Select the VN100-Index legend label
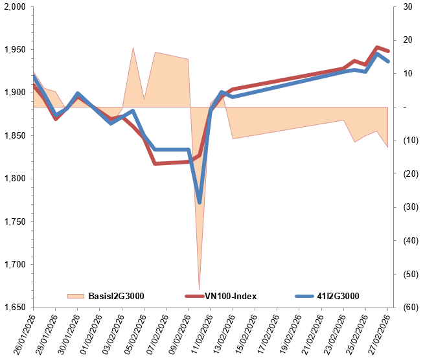coord(231,297)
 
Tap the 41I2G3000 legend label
coord(337,297)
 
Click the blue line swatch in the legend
coord(303,297)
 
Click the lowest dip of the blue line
coord(200,203)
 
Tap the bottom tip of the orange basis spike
coord(199,289)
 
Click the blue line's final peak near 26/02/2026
coord(377,54)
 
